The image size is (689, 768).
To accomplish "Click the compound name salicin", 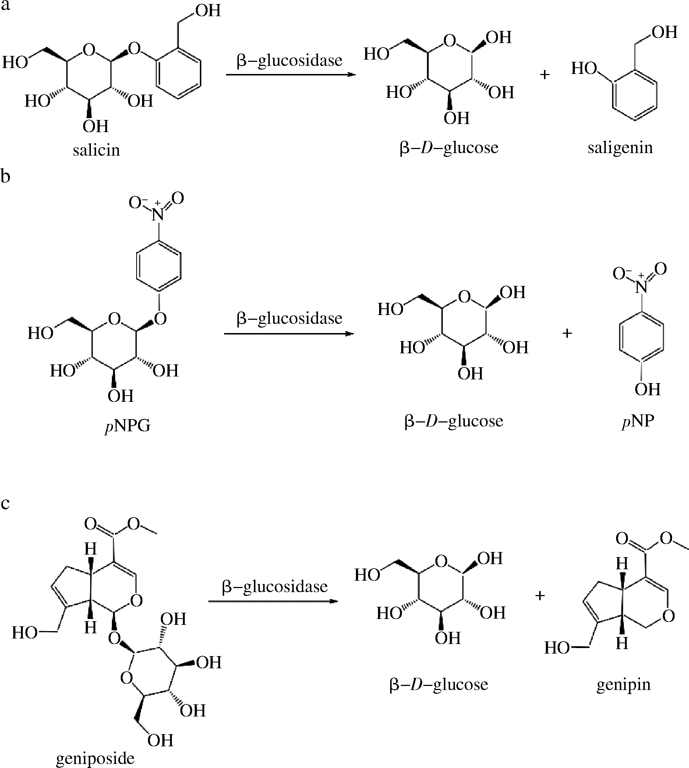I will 96,150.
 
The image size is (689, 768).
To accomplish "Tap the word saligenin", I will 620,148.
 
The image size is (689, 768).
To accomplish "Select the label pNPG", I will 128,426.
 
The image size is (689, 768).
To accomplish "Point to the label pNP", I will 638,421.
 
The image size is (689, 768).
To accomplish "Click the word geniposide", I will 95,757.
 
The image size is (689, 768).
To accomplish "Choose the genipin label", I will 623,684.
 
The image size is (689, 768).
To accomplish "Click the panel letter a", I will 5,5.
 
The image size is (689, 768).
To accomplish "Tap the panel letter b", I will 5,176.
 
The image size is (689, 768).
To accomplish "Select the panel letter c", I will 5,503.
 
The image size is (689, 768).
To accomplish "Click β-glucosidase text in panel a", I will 289,61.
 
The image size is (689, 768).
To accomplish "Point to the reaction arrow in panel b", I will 289,333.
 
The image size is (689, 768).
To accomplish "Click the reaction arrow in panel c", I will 273,601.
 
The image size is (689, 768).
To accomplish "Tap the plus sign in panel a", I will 544,75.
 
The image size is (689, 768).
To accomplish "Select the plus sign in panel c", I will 540,595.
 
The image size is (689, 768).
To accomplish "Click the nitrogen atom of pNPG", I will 158,215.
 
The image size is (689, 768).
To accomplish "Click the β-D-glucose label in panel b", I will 453,421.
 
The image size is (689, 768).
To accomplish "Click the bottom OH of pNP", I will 647,389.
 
